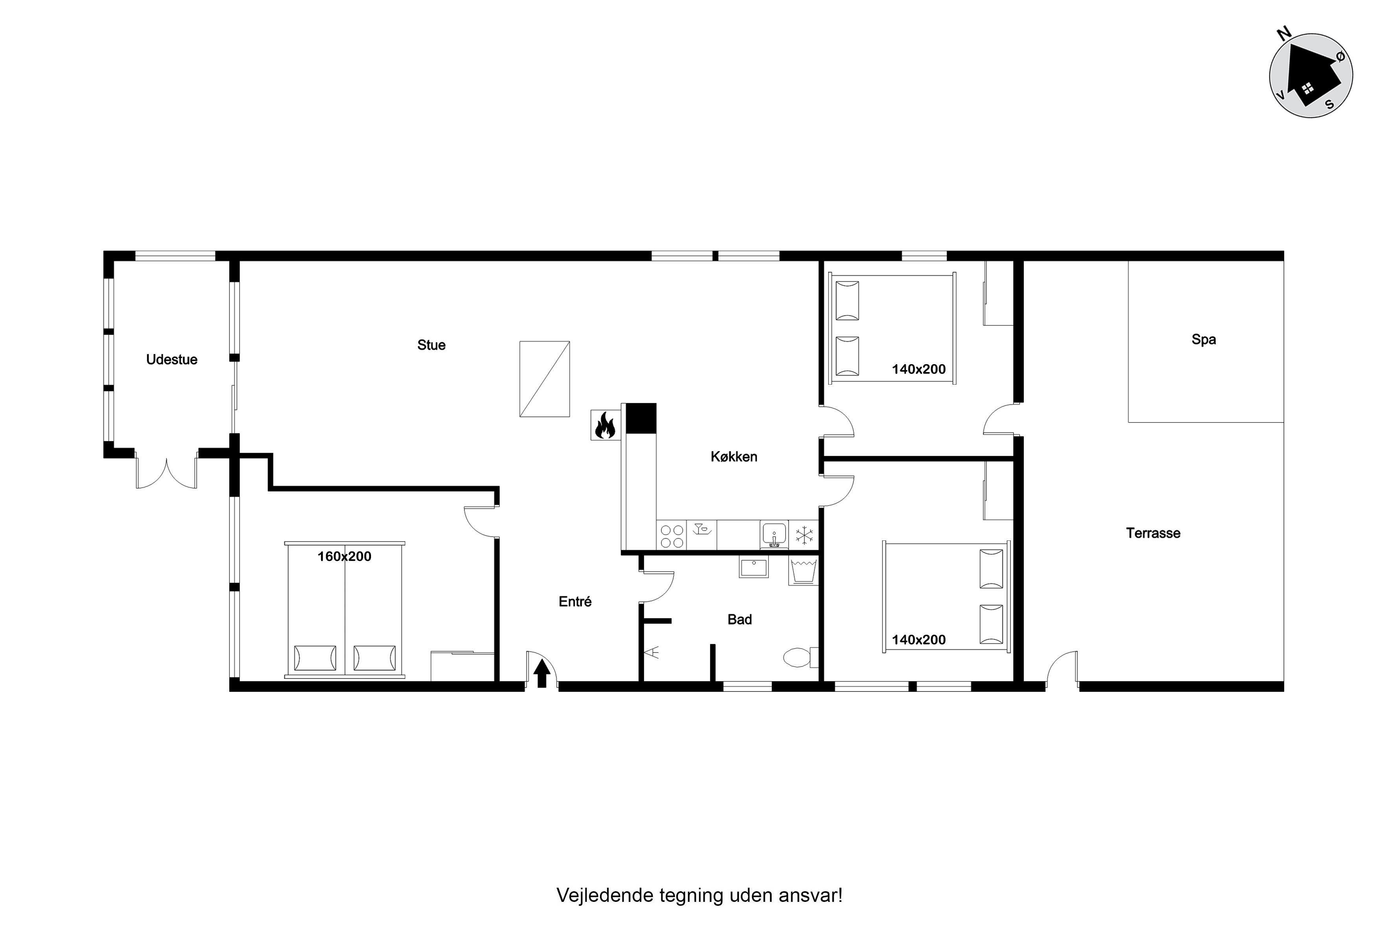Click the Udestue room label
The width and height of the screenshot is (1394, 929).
click(172, 359)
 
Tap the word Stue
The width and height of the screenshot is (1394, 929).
click(432, 345)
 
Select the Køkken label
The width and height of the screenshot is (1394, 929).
click(734, 457)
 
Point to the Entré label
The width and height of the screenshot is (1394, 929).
click(575, 601)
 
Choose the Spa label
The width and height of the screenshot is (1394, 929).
click(1204, 339)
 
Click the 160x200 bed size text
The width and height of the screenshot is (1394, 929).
click(344, 556)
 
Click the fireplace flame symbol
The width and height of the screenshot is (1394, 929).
click(605, 426)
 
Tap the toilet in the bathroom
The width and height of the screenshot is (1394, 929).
click(801, 657)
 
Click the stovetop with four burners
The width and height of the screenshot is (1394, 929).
click(672, 536)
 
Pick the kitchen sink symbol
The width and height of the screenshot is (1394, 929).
click(774, 535)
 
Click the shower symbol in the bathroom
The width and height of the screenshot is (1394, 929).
click(652, 653)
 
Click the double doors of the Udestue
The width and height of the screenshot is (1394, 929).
click(166, 471)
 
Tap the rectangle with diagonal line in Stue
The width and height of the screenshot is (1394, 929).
click(545, 379)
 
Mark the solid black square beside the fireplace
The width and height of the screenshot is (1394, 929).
click(641, 418)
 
